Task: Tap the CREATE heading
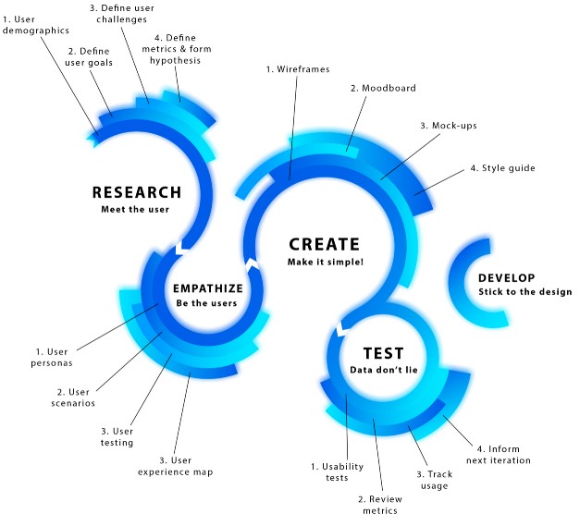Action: coord(323,244)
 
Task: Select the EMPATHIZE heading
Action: coord(208,287)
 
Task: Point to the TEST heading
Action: coord(382,353)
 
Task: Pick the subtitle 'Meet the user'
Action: coord(136,209)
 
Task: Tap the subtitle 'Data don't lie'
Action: coord(382,370)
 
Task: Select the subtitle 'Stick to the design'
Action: coord(524,292)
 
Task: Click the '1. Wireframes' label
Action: coord(298,68)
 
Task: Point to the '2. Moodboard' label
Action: coord(383,89)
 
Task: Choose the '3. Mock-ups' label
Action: coord(449,125)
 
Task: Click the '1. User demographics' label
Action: coord(36,23)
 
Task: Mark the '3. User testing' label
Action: coord(117,436)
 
